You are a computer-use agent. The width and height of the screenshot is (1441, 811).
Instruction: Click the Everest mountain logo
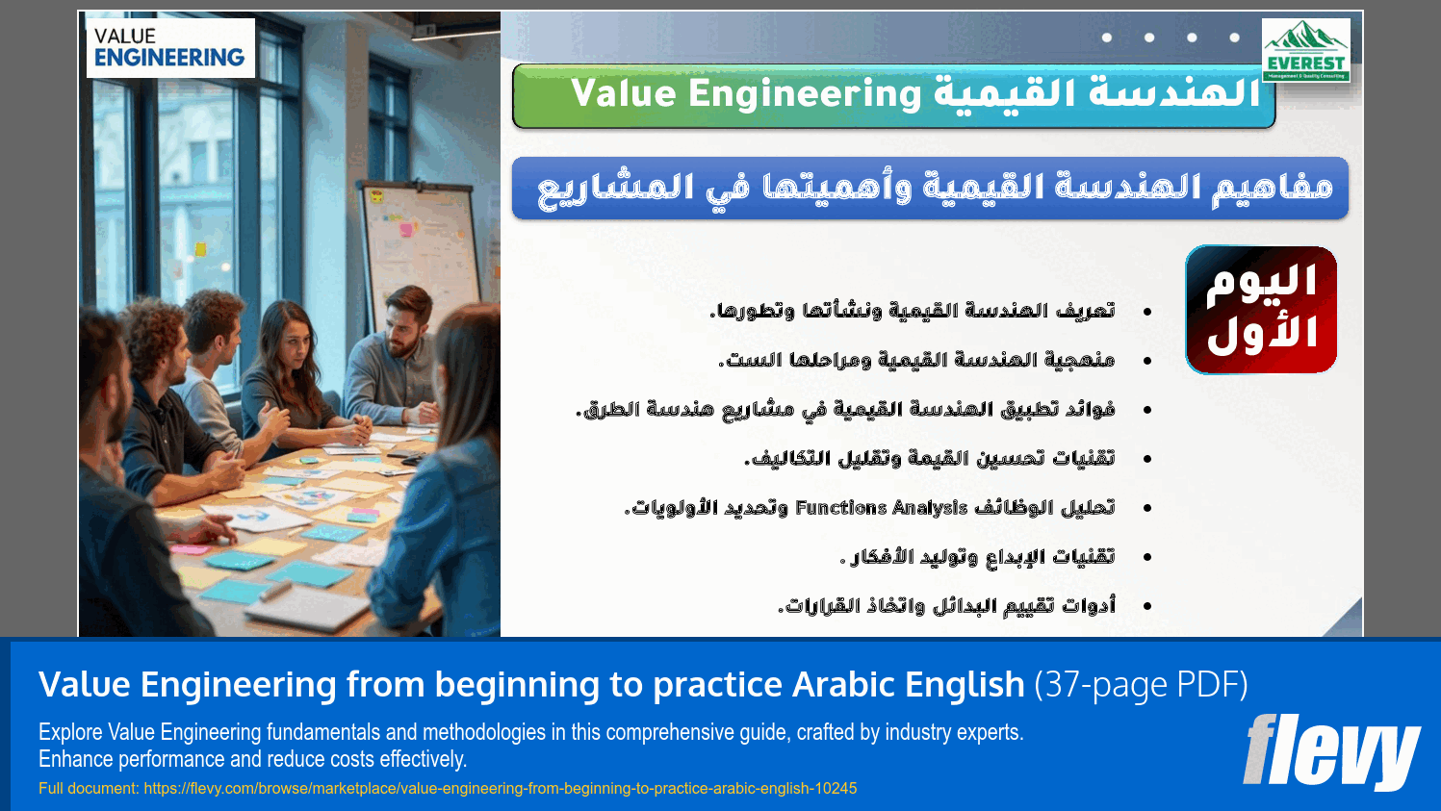(1305, 50)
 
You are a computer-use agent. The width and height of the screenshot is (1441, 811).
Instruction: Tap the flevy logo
(1331, 752)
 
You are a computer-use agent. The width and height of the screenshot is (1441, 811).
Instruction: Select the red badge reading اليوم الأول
(1261, 309)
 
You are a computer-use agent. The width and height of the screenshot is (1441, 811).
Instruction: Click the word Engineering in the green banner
(805, 94)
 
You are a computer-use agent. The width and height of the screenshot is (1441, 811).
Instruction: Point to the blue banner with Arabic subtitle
(930, 188)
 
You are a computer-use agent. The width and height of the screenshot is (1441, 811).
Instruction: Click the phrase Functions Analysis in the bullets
(881, 508)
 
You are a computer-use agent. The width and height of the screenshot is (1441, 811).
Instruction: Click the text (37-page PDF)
(1141, 685)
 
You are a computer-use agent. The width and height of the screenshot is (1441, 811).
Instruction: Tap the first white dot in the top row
(1107, 38)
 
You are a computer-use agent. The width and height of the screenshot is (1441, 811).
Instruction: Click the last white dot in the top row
(1234, 38)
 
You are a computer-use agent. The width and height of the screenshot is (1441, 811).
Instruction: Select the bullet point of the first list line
(1146, 312)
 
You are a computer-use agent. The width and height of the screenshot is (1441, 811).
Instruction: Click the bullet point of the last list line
(1146, 606)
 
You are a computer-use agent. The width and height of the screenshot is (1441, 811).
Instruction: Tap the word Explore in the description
(71, 733)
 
